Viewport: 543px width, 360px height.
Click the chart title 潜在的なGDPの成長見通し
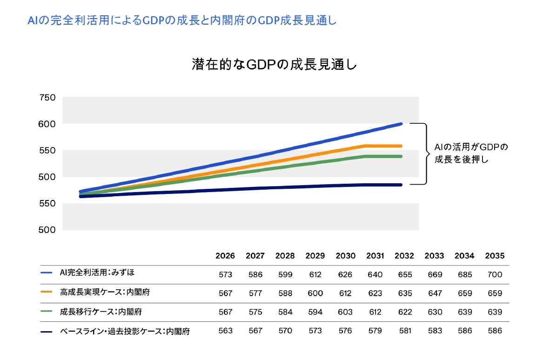point(274,64)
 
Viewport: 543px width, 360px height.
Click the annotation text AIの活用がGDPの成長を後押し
point(471,153)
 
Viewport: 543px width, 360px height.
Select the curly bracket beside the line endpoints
point(425,153)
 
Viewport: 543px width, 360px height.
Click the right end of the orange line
point(401,146)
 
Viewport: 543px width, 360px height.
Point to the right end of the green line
point(401,156)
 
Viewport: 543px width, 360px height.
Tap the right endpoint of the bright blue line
point(401,124)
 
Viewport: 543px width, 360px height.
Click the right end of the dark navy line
point(401,185)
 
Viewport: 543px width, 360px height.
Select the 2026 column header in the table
point(225,256)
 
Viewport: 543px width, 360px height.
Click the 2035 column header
point(495,256)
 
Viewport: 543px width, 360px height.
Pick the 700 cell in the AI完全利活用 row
point(495,274)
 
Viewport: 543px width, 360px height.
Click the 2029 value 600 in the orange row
point(315,293)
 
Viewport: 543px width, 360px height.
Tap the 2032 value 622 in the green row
point(405,312)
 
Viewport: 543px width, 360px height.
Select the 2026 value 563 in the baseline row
point(225,331)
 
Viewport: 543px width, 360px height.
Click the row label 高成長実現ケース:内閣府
point(105,293)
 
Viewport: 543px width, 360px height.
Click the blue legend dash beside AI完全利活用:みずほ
point(47,273)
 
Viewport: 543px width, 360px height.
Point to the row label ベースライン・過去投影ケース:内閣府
point(125,331)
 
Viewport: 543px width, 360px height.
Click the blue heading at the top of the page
point(182,20)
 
